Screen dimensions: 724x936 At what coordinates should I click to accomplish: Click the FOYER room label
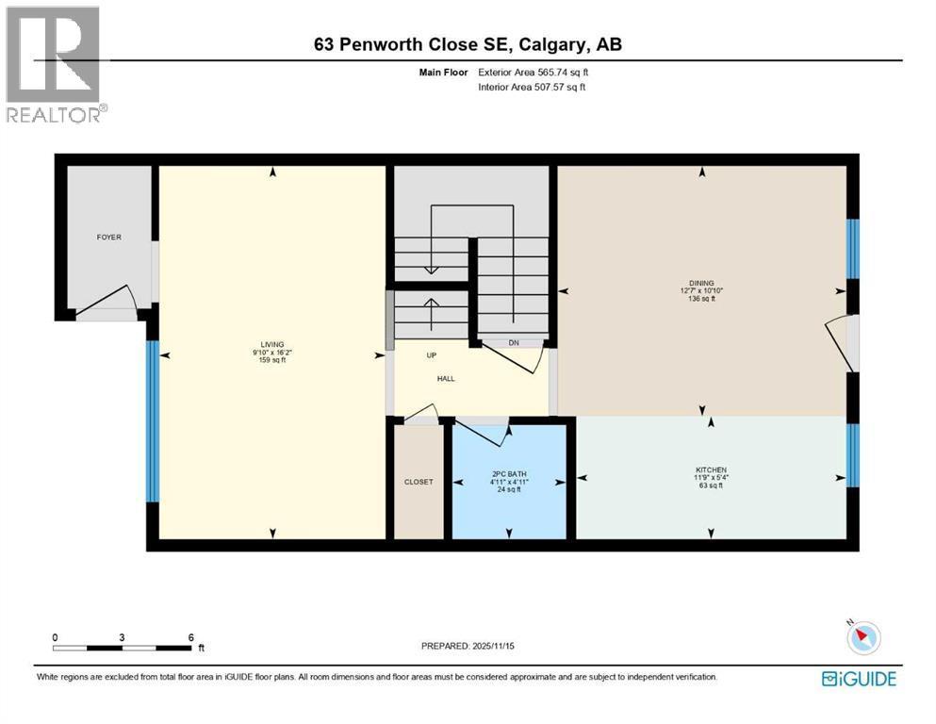click(x=108, y=238)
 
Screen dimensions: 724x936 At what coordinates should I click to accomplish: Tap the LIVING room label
click(x=272, y=344)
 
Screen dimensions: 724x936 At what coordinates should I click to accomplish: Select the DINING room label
click(x=701, y=282)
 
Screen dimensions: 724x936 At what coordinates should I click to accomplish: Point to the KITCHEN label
click(x=712, y=469)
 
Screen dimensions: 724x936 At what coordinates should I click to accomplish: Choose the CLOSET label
click(x=419, y=482)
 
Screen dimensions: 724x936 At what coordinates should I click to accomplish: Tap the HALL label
click(x=445, y=378)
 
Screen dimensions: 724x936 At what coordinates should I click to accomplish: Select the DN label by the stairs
click(x=514, y=343)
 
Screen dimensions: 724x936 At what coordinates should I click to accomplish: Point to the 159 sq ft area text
click(x=272, y=360)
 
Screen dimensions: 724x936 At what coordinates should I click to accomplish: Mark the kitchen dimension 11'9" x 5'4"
click(x=712, y=478)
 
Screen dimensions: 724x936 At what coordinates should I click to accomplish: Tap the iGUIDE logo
click(x=859, y=678)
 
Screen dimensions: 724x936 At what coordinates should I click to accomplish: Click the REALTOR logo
click(x=53, y=66)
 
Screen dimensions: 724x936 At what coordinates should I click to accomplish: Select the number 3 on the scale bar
click(x=123, y=637)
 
